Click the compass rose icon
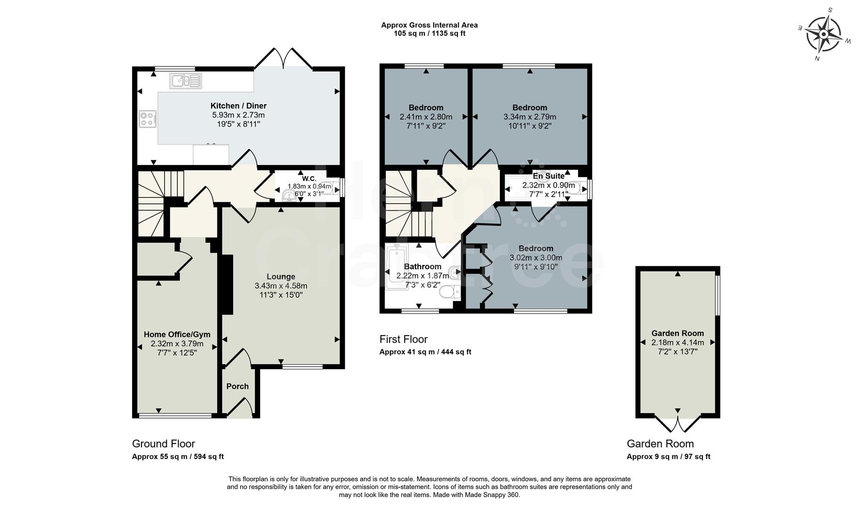coord(824,34)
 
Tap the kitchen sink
coord(185,81)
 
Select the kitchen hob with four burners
coord(148,118)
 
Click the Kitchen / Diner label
coord(238,106)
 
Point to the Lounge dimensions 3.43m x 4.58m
coord(281,286)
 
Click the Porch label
coord(237,386)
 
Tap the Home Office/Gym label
coord(177,335)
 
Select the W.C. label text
coord(309,179)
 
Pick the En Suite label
coord(548,176)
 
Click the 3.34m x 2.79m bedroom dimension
coord(529,117)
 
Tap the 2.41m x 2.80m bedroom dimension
coord(426,117)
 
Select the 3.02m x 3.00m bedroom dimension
coord(536,258)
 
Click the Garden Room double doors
coord(678,424)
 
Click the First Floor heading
coord(403,339)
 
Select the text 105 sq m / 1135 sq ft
coord(429,33)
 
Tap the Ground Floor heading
coord(163,443)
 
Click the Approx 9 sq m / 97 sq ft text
coord(668,457)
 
